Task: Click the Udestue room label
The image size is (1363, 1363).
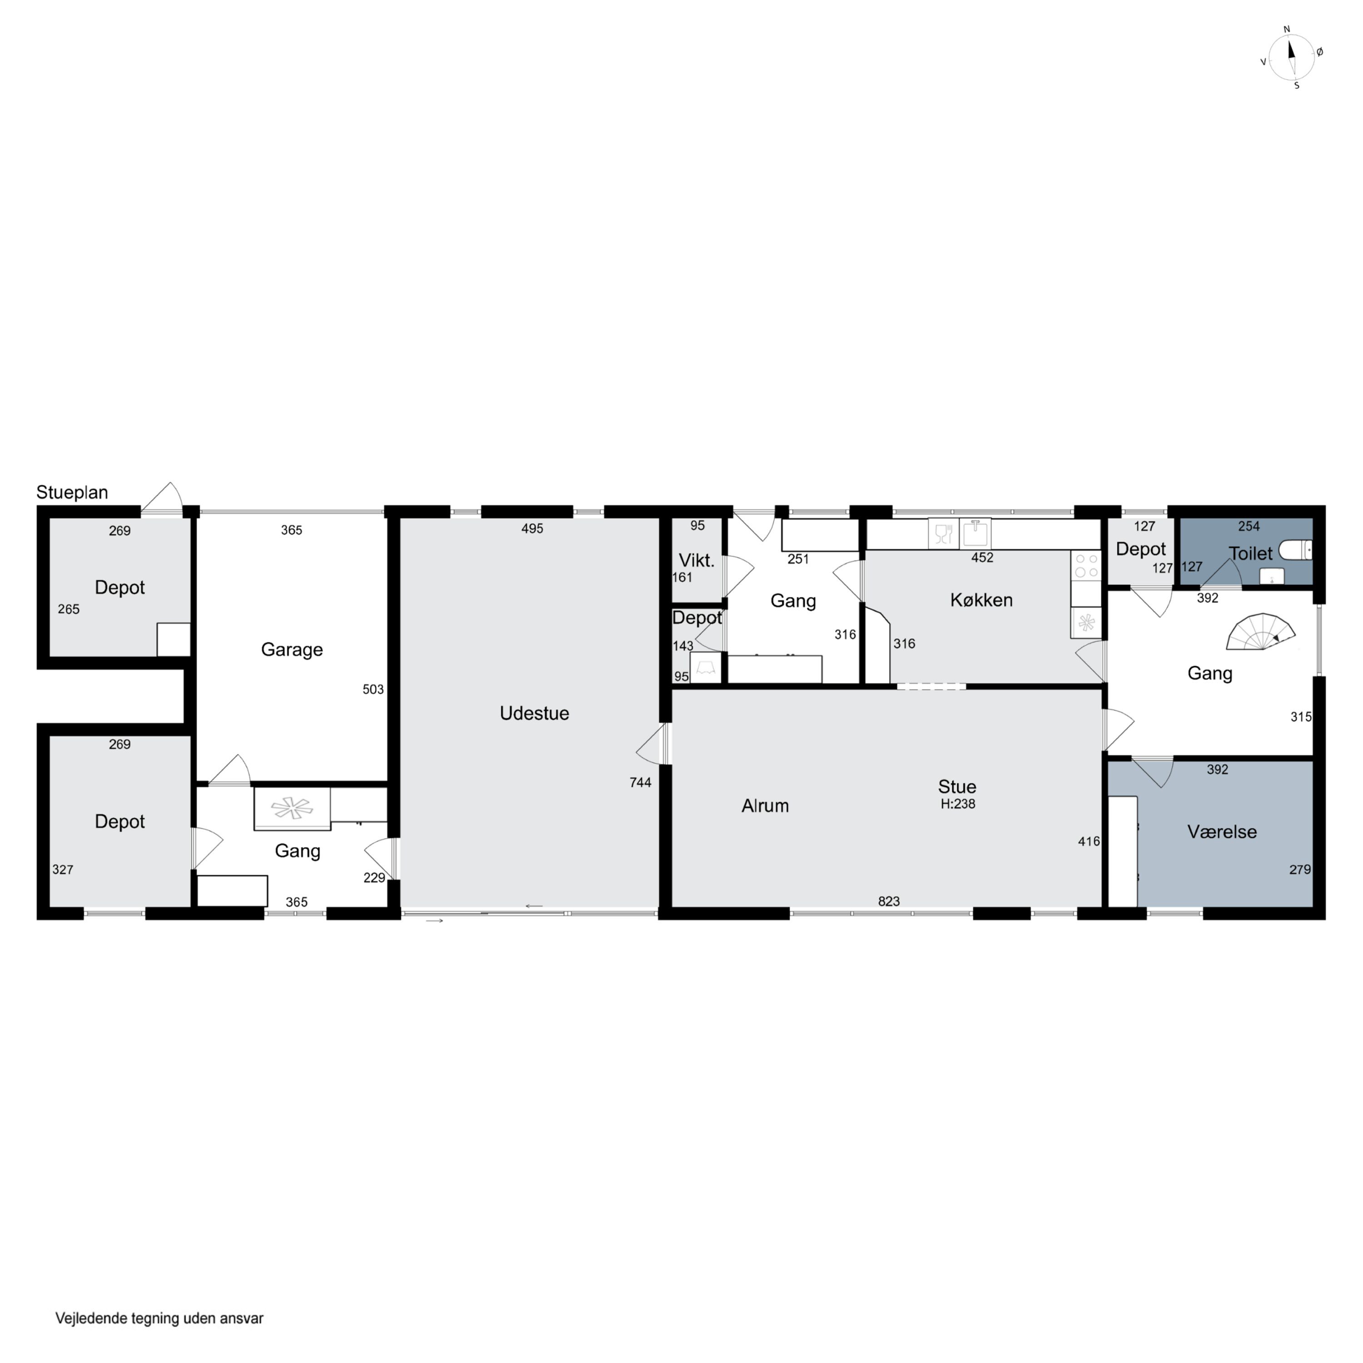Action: (x=534, y=713)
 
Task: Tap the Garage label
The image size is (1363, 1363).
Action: (x=292, y=650)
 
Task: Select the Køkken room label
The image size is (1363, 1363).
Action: (x=981, y=600)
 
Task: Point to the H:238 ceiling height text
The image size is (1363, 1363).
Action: (x=958, y=804)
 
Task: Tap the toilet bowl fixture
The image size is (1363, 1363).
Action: (x=1296, y=550)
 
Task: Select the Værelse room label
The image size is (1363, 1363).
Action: (x=1222, y=832)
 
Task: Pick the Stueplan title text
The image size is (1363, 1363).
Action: (x=72, y=492)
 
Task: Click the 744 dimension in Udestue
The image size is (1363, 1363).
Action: (x=640, y=781)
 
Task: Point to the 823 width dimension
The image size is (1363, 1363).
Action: (x=889, y=901)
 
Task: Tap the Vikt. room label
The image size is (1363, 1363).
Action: (x=696, y=560)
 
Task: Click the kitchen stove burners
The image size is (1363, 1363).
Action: (x=1086, y=565)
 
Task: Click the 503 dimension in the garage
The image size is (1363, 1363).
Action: (x=373, y=689)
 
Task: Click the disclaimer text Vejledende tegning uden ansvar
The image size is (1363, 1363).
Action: (x=159, y=1318)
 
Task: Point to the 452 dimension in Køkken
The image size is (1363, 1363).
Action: (x=982, y=557)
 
